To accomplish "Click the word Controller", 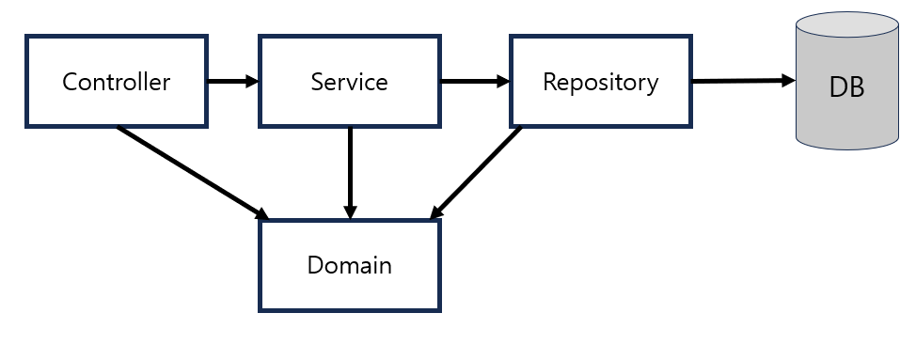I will [x=116, y=82].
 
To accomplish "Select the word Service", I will [x=349, y=82].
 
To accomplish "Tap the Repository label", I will [x=600, y=82].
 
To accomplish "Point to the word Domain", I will [x=349, y=265].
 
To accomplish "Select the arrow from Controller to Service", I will [x=229, y=81].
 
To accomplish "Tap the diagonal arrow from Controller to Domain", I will [x=188, y=171].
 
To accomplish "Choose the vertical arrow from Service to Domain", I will [x=350, y=169].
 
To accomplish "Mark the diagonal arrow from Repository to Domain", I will [x=478, y=172].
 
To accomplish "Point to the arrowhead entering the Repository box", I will [x=503, y=81].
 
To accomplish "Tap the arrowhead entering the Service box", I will [x=251, y=81].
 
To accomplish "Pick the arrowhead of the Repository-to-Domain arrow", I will [x=435, y=215].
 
